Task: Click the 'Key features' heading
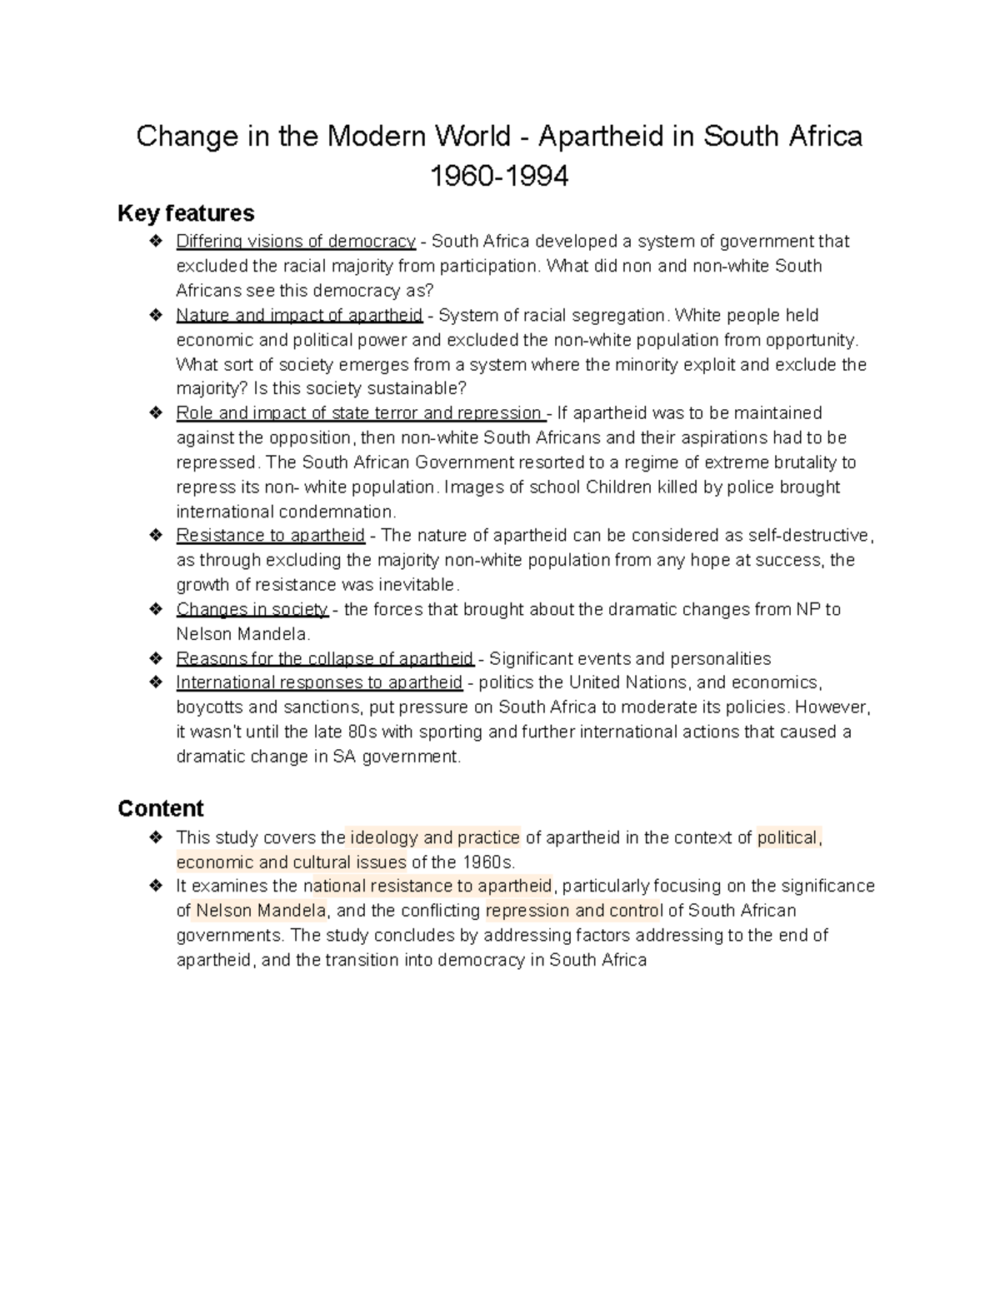(186, 213)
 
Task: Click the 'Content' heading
(161, 808)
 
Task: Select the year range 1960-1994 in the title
(498, 176)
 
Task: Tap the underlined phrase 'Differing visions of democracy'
(296, 242)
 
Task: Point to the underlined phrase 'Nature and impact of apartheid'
(299, 316)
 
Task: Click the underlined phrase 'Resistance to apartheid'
(271, 535)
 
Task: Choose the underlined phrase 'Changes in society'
(252, 609)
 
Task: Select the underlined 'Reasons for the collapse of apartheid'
(325, 659)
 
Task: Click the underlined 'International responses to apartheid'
(319, 682)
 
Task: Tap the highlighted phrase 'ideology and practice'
(434, 837)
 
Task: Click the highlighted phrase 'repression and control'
(573, 910)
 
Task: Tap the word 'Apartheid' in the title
(603, 136)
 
